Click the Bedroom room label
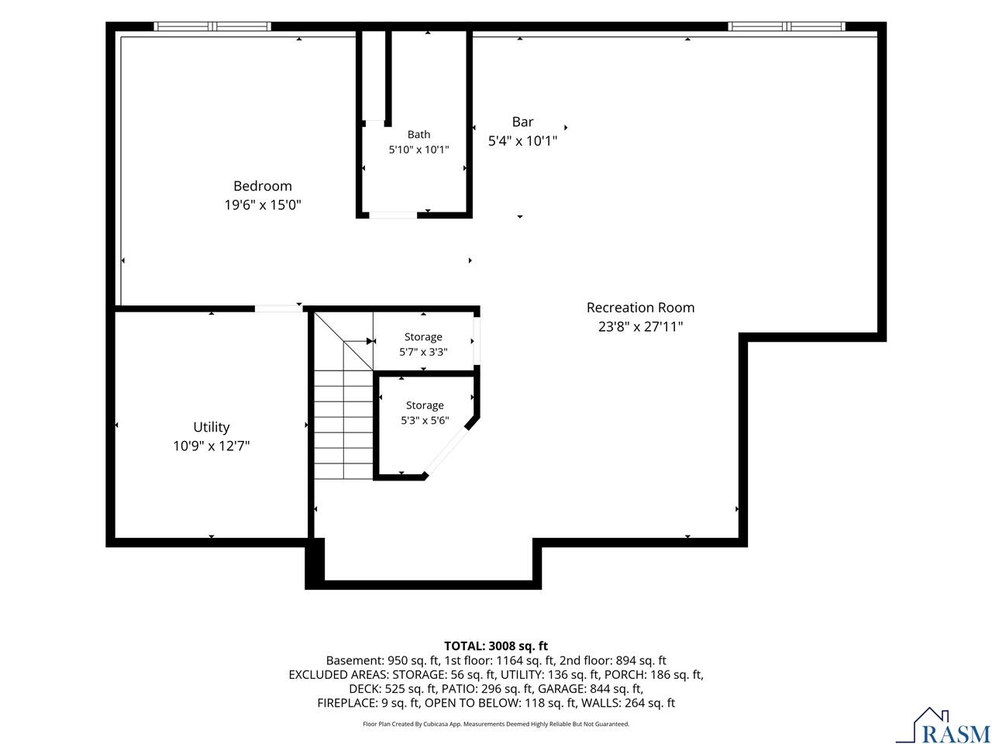[262, 186]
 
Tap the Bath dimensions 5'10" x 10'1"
[418, 149]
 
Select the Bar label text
[522, 122]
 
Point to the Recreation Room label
[640, 307]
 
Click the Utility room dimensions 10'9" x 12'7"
[211, 446]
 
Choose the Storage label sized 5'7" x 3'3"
[423, 337]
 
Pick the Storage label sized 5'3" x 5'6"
[425, 405]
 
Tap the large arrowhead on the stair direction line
[370, 341]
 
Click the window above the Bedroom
[212, 26]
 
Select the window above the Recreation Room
[787, 26]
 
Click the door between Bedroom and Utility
[278, 308]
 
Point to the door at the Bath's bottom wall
[393, 215]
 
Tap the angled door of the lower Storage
[446, 450]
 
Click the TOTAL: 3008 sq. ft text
[496, 646]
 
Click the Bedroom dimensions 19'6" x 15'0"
[263, 205]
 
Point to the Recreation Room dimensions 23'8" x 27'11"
[640, 326]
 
